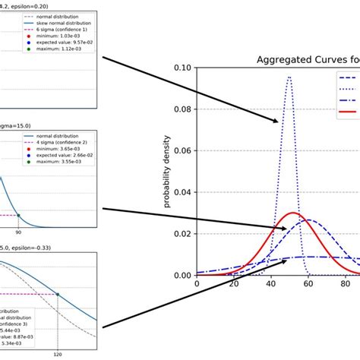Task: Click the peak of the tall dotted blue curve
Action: [x=289, y=77]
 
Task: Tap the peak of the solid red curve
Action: [x=292, y=213]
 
